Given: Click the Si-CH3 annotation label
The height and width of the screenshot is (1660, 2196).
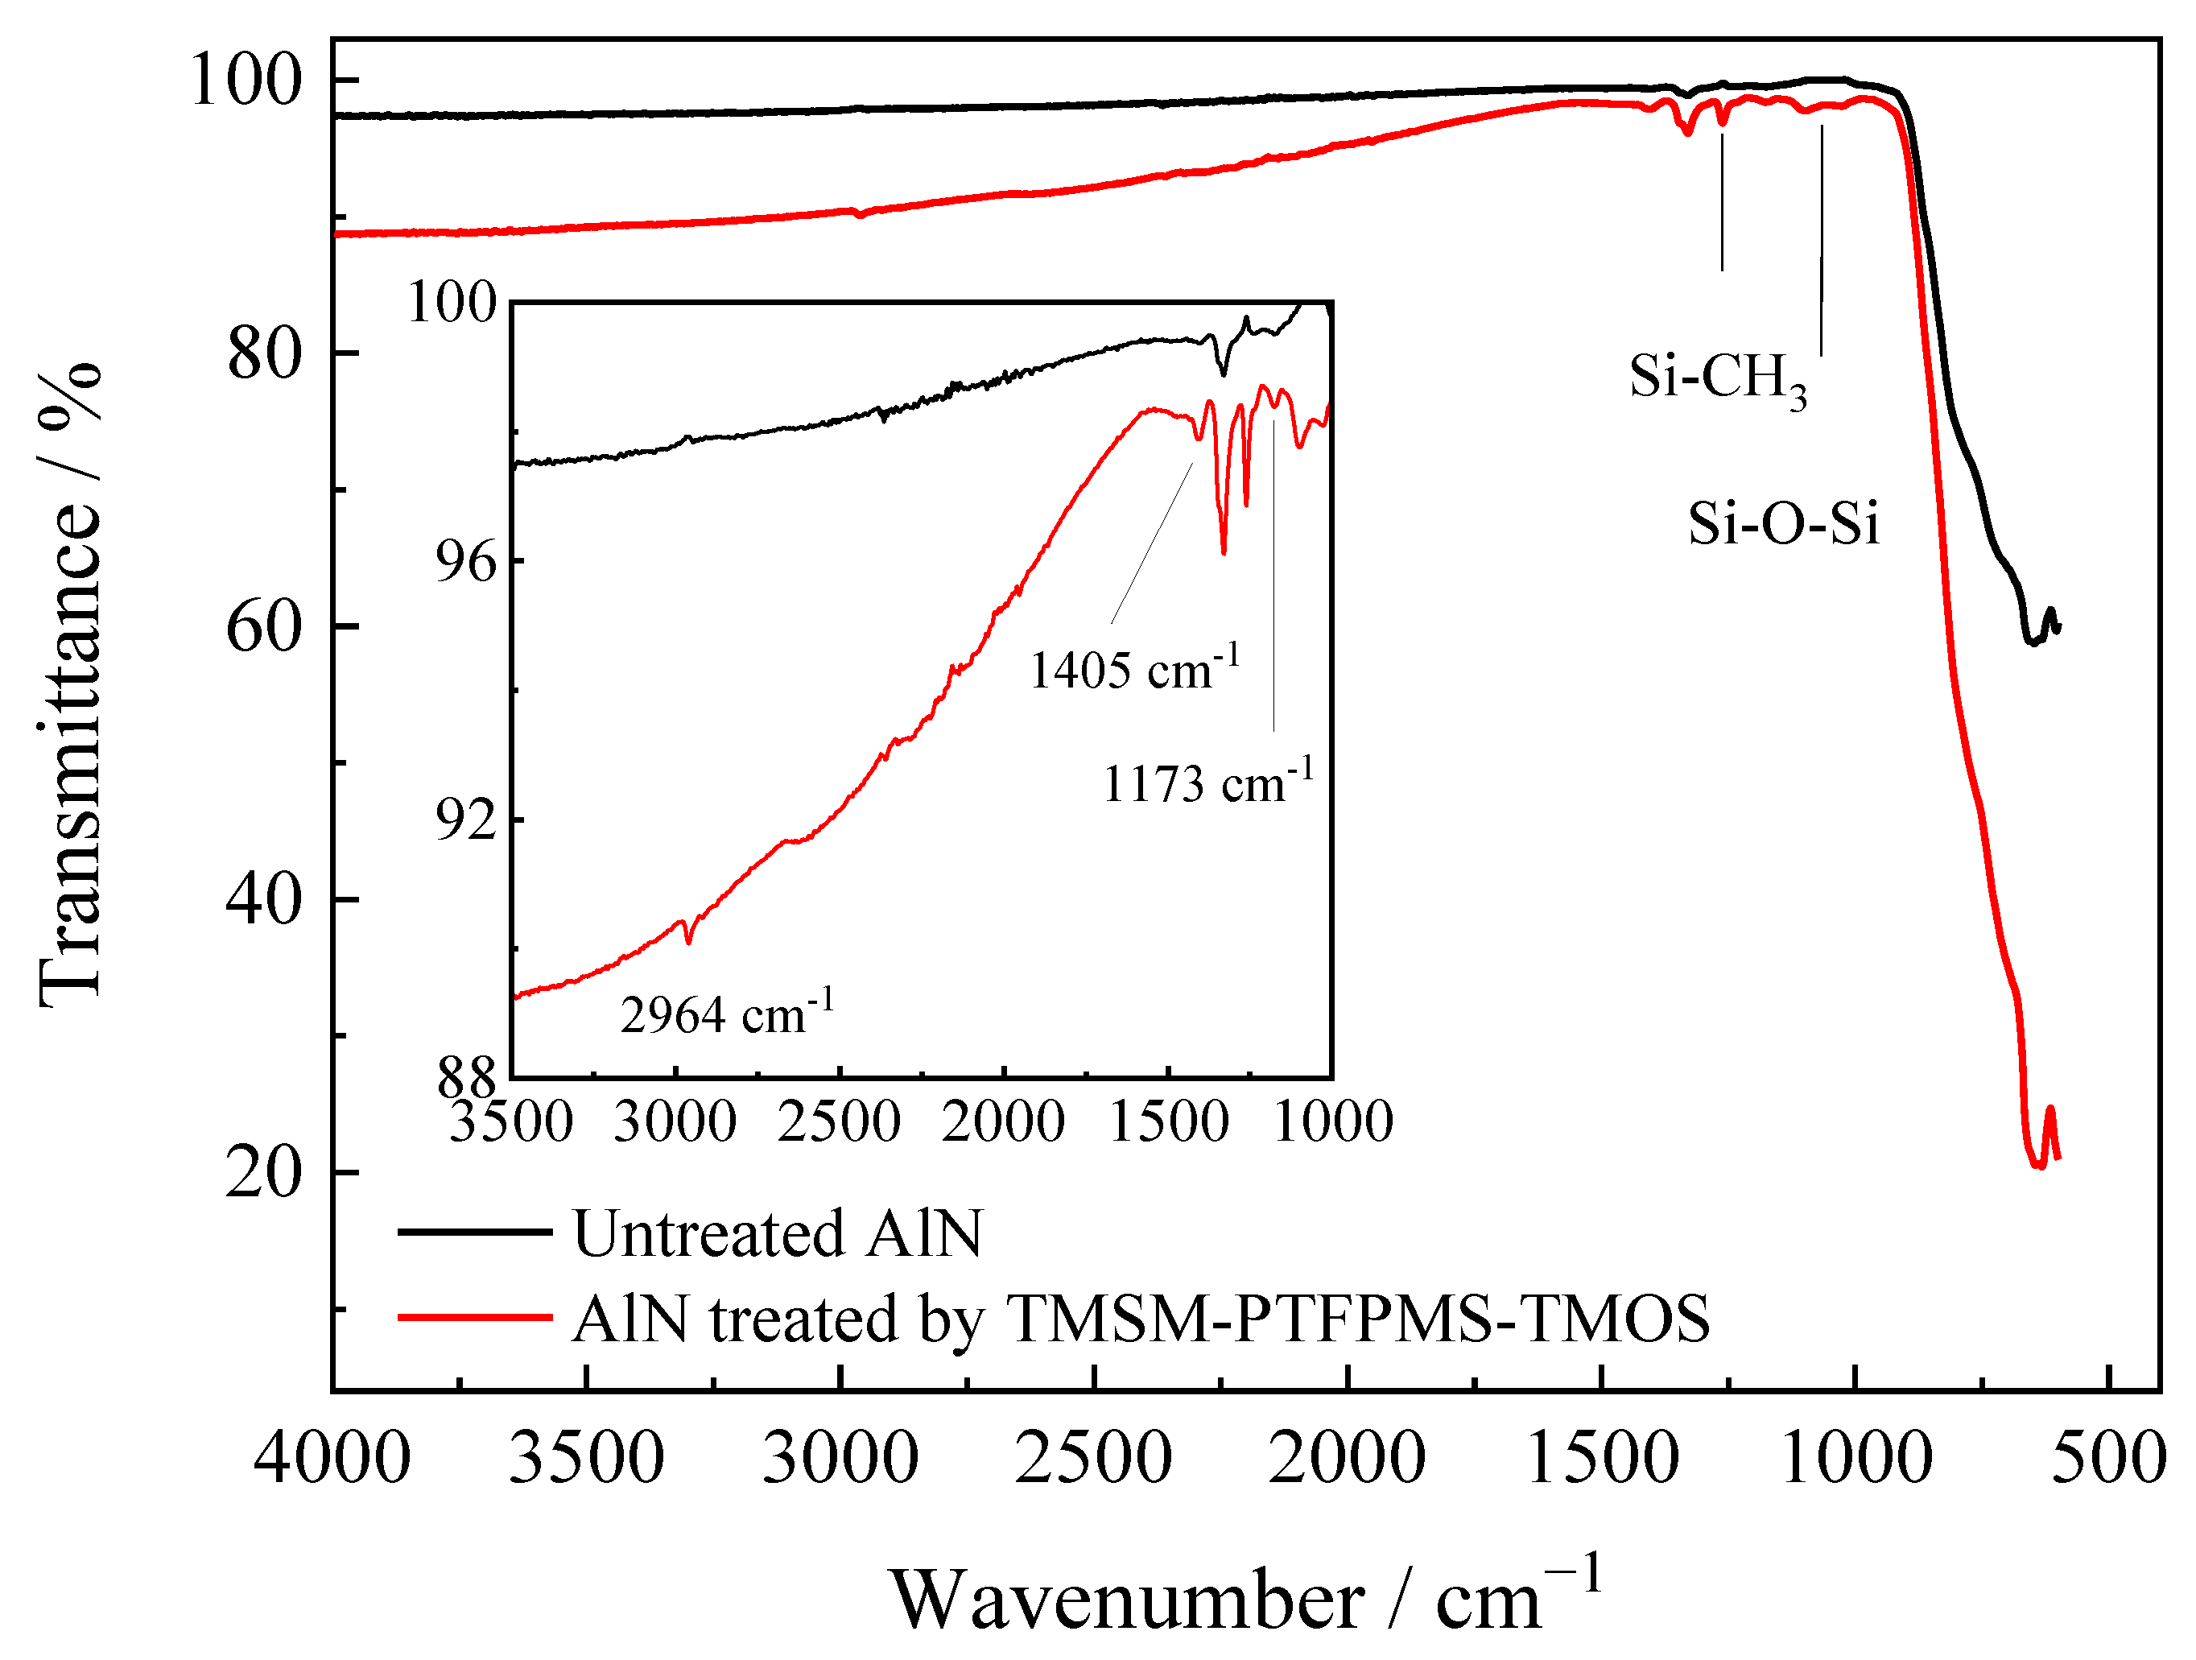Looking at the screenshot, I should pyautogui.click(x=1718, y=379).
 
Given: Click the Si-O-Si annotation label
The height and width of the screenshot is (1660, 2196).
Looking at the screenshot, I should pyautogui.click(x=1783, y=523).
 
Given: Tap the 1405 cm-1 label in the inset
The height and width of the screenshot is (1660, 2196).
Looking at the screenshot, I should pyautogui.click(x=1133, y=669).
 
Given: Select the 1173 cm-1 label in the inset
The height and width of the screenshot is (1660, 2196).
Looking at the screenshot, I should pyautogui.click(x=1207, y=783).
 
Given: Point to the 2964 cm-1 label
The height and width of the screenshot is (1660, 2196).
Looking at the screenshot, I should pyautogui.click(x=727, y=1014).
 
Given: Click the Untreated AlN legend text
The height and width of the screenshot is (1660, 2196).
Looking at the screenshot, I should pyautogui.click(x=778, y=1234).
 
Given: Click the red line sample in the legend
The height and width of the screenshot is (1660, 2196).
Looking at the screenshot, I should pyautogui.click(x=475, y=1318).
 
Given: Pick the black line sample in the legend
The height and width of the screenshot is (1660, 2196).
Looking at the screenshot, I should pyautogui.click(x=475, y=1232).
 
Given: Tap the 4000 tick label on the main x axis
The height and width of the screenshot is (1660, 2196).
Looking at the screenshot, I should pyautogui.click(x=332, y=1459).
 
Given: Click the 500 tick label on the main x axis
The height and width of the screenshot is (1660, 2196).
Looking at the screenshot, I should pyautogui.click(x=2107, y=1459).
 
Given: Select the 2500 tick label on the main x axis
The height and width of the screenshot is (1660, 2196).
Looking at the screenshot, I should pyautogui.click(x=1093, y=1459).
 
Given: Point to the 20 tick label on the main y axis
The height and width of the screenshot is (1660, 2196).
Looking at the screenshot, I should pyautogui.click(x=262, y=1172).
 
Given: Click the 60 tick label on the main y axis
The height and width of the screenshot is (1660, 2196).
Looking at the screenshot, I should pyautogui.click(x=262, y=627).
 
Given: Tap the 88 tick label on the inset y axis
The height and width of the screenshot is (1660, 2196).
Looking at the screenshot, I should pyautogui.click(x=465, y=1076).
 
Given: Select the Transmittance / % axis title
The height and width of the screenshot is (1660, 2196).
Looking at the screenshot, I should pyautogui.click(x=69, y=685).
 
